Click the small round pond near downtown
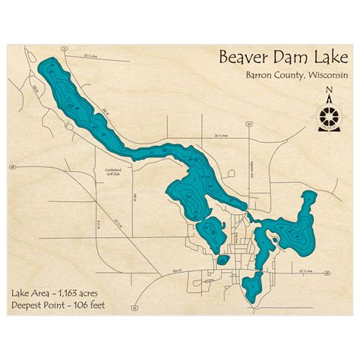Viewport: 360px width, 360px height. (x=222, y=259)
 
